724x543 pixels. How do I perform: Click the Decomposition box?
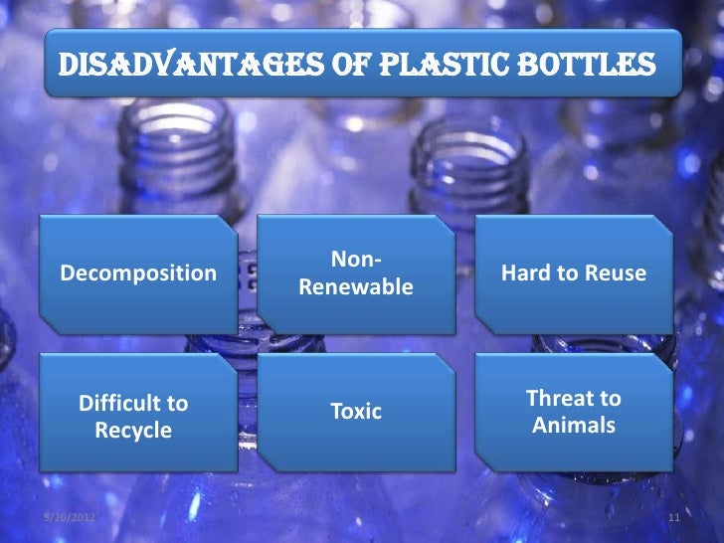[x=139, y=272]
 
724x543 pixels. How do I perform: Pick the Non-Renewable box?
[x=355, y=273]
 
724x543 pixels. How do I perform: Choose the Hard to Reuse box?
[x=574, y=272]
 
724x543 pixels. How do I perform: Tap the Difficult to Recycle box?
[x=133, y=417]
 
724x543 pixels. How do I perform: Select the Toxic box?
[x=355, y=411]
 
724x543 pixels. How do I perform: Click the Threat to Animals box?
[x=574, y=412]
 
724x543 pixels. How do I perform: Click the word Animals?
[x=574, y=427]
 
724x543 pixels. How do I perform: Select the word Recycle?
[x=133, y=432]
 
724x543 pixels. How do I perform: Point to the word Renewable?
[x=355, y=287]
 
